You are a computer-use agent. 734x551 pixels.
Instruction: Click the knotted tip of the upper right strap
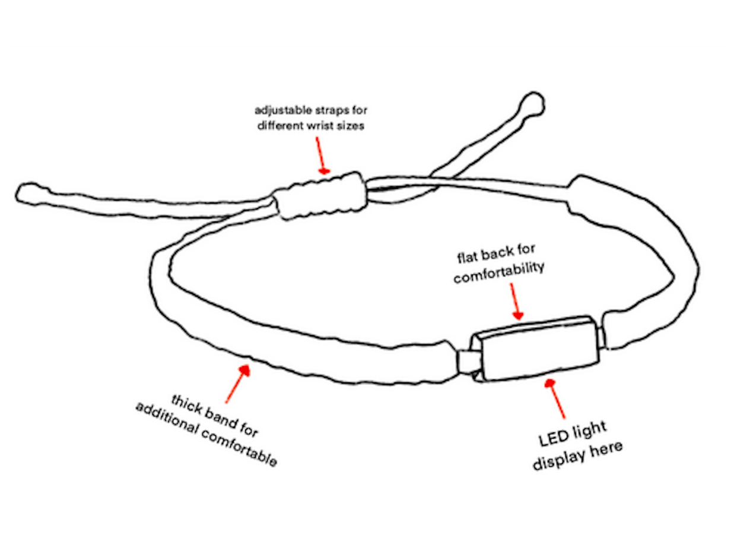[x=530, y=106]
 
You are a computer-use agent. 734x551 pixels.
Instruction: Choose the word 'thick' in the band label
[x=186, y=401]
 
